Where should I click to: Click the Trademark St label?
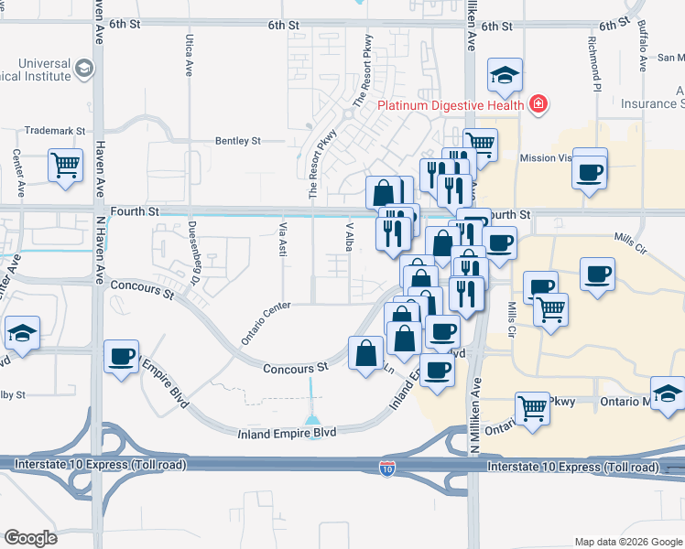(x=54, y=131)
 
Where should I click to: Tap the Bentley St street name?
(x=237, y=141)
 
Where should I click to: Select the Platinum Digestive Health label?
(x=451, y=104)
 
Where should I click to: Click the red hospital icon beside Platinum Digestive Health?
(x=538, y=103)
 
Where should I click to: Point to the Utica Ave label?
(x=189, y=56)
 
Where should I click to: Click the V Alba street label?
(x=349, y=235)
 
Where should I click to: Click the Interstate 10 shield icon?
(x=387, y=469)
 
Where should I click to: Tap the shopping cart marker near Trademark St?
(x=66, y=166)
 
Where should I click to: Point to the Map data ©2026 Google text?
(x=628, y=542)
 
